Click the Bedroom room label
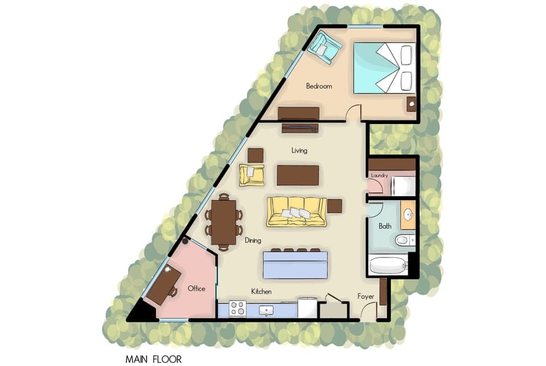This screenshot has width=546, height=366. (x=318, y=86)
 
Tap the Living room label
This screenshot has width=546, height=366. (x=299, y=151)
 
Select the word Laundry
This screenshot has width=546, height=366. (x=379, y=176)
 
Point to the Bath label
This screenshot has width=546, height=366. (x=385, y=226)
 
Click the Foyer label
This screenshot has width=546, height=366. (x=366, y=297)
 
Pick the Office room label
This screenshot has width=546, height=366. (x=196, y=289)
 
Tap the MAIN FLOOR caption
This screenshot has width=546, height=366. (x=154, y=359)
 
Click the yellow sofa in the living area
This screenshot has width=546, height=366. (x=296, y=212)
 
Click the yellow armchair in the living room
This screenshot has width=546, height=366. (x=252, y=175)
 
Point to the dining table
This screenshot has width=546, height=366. (x=224, y=222)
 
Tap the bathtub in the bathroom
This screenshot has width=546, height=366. (x=388, y=265)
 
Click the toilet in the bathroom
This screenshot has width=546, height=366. (x=404, y=240)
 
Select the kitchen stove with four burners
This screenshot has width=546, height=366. (x=237, y=309)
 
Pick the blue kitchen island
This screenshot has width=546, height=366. (x=295, y=265)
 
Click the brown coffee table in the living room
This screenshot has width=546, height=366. (x=297, y=175)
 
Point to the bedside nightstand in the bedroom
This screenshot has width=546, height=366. (x=411, y=104)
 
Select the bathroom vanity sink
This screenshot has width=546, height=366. (x=408, y=215)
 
